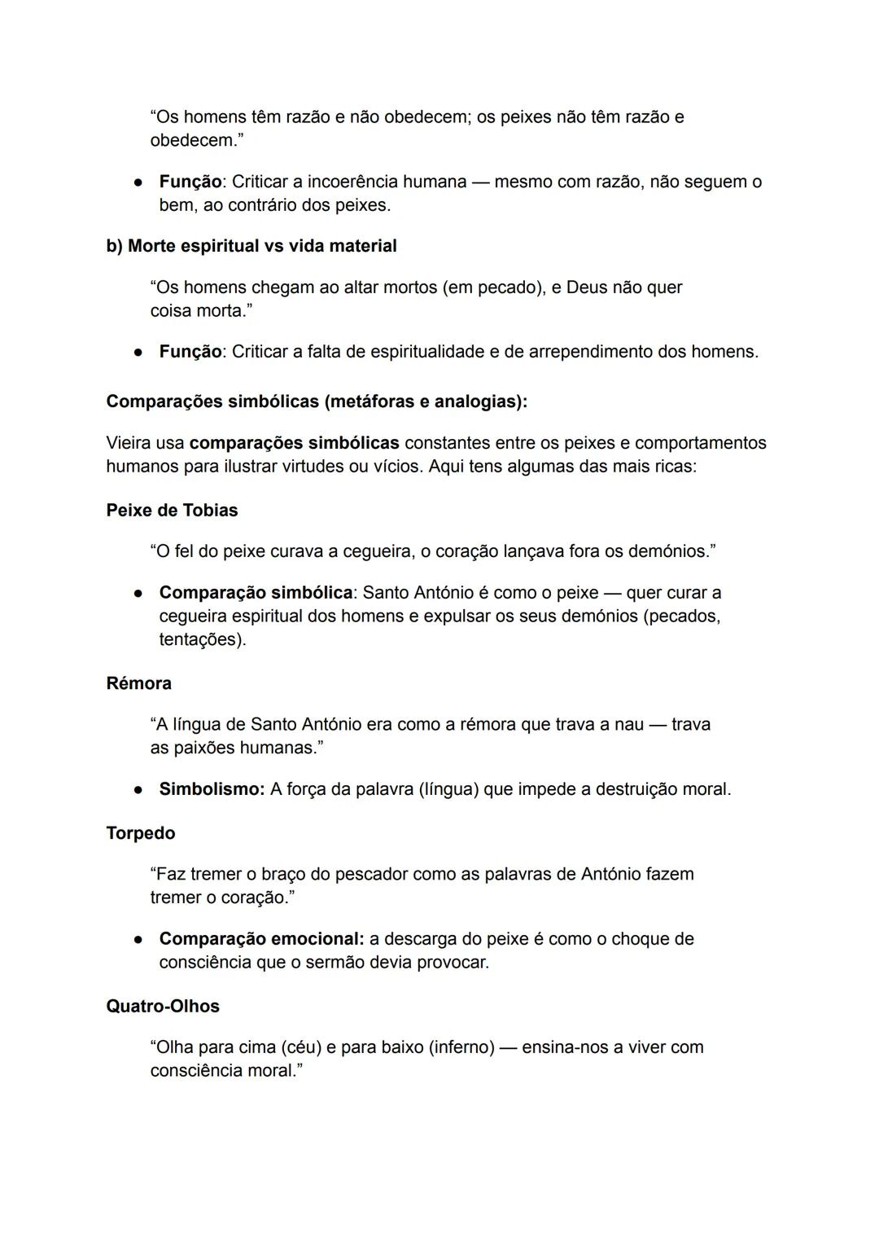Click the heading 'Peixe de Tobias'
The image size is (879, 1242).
click(x=172, y=511)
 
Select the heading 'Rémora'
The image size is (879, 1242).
click(x=138, y=683)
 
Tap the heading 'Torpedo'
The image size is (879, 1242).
click(x=140, y=833)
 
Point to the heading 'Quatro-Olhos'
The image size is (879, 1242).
click(x=163, y=1007)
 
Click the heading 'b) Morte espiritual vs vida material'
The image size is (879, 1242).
click(x=251, y=246)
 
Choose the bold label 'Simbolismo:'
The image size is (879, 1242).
click(x=212, y=789)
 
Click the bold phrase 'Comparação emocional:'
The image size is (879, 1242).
click(x=261, y=939)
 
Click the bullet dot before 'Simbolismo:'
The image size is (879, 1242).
click(x=140, y=789)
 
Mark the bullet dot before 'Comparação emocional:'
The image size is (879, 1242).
click(x=140, y=939)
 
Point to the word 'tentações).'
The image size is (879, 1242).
click(x=203, y=639)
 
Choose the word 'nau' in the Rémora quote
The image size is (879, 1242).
click(x=628, y=725)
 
